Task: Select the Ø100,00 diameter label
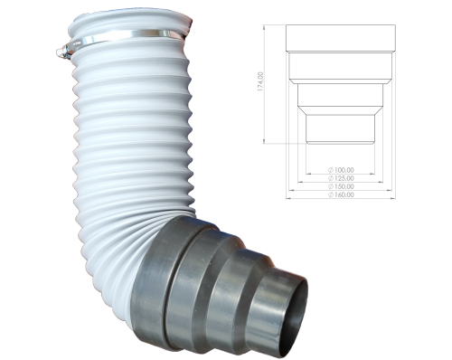pos(341,169)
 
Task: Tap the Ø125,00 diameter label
pos(341,177)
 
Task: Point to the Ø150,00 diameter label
pos(341,185)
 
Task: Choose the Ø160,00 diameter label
pos(341,194)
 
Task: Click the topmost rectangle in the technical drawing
pos(341,37)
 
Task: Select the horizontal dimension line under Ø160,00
pos(341,198)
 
